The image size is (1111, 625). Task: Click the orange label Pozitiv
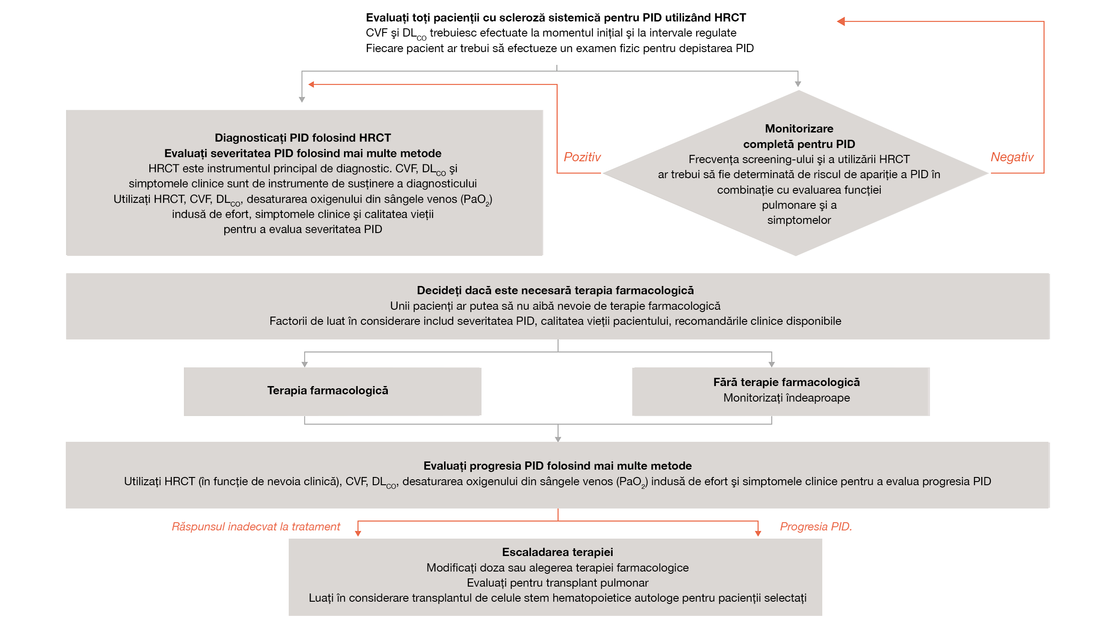point(582,157)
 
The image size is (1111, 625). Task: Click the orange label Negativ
point(1011,157)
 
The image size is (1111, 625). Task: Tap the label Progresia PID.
point(815,527)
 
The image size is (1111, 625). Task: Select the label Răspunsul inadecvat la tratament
point(256,527)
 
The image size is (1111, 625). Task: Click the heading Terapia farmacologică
point(328,391)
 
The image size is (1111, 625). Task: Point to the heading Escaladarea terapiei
point(557,552)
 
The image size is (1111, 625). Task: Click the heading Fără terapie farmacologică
point(786,382)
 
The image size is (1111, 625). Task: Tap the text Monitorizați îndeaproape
point(786,398)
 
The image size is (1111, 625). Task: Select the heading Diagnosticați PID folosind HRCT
point(302,138)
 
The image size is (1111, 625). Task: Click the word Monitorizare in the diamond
point(799,129)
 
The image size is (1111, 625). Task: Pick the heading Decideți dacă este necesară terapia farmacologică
point(555,291)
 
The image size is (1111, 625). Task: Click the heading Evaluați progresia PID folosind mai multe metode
point(557,466)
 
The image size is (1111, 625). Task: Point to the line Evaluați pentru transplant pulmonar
point(557,583)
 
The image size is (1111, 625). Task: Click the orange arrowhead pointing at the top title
point(841,21)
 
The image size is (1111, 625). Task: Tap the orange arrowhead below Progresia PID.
point(758,533)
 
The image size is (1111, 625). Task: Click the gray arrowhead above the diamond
point(798,84)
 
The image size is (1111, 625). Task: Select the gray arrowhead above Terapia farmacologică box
point(305,364)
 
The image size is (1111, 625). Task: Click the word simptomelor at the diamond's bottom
point(799,220)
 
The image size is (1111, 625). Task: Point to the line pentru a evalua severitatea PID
point(302,229)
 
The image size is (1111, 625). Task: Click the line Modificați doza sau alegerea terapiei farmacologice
point(557,568)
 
